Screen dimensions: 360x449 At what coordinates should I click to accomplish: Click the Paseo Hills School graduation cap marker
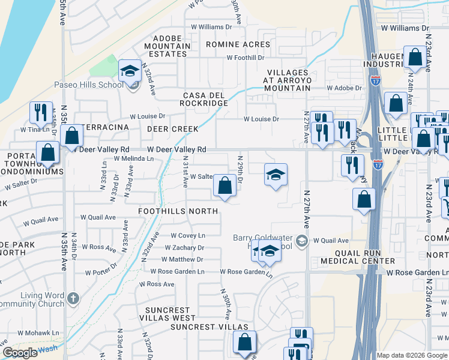pos(129,72)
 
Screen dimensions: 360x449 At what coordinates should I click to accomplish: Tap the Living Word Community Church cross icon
pos(73,298)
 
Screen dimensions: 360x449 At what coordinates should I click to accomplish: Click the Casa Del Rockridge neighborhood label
pos(206,99)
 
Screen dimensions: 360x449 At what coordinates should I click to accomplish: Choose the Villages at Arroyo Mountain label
pos(288,80)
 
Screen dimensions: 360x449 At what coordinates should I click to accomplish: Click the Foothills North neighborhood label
pos(177,211)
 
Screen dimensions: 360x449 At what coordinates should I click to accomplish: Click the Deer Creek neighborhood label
pos(176,129)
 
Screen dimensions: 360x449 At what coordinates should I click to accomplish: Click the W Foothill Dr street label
pos(245,58)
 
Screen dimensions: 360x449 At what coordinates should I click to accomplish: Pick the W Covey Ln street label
pos(188,236)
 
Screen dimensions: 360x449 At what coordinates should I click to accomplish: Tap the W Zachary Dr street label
pos(185,248)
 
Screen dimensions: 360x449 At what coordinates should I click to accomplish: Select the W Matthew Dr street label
pos(182,260)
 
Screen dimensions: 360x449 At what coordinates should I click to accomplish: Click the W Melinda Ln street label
pos(133,158)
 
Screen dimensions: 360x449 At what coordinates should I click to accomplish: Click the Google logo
pos(20,353)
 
